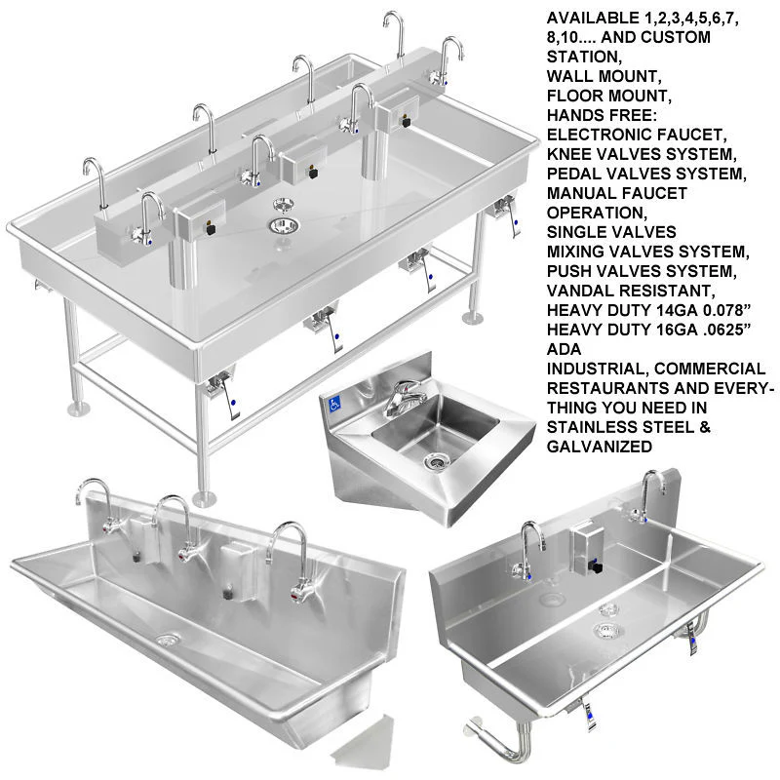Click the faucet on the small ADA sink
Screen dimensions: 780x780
[x=401, y=397]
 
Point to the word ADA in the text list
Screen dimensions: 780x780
[x=564, y=349]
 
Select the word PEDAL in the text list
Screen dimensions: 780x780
[x=571, y=175]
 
